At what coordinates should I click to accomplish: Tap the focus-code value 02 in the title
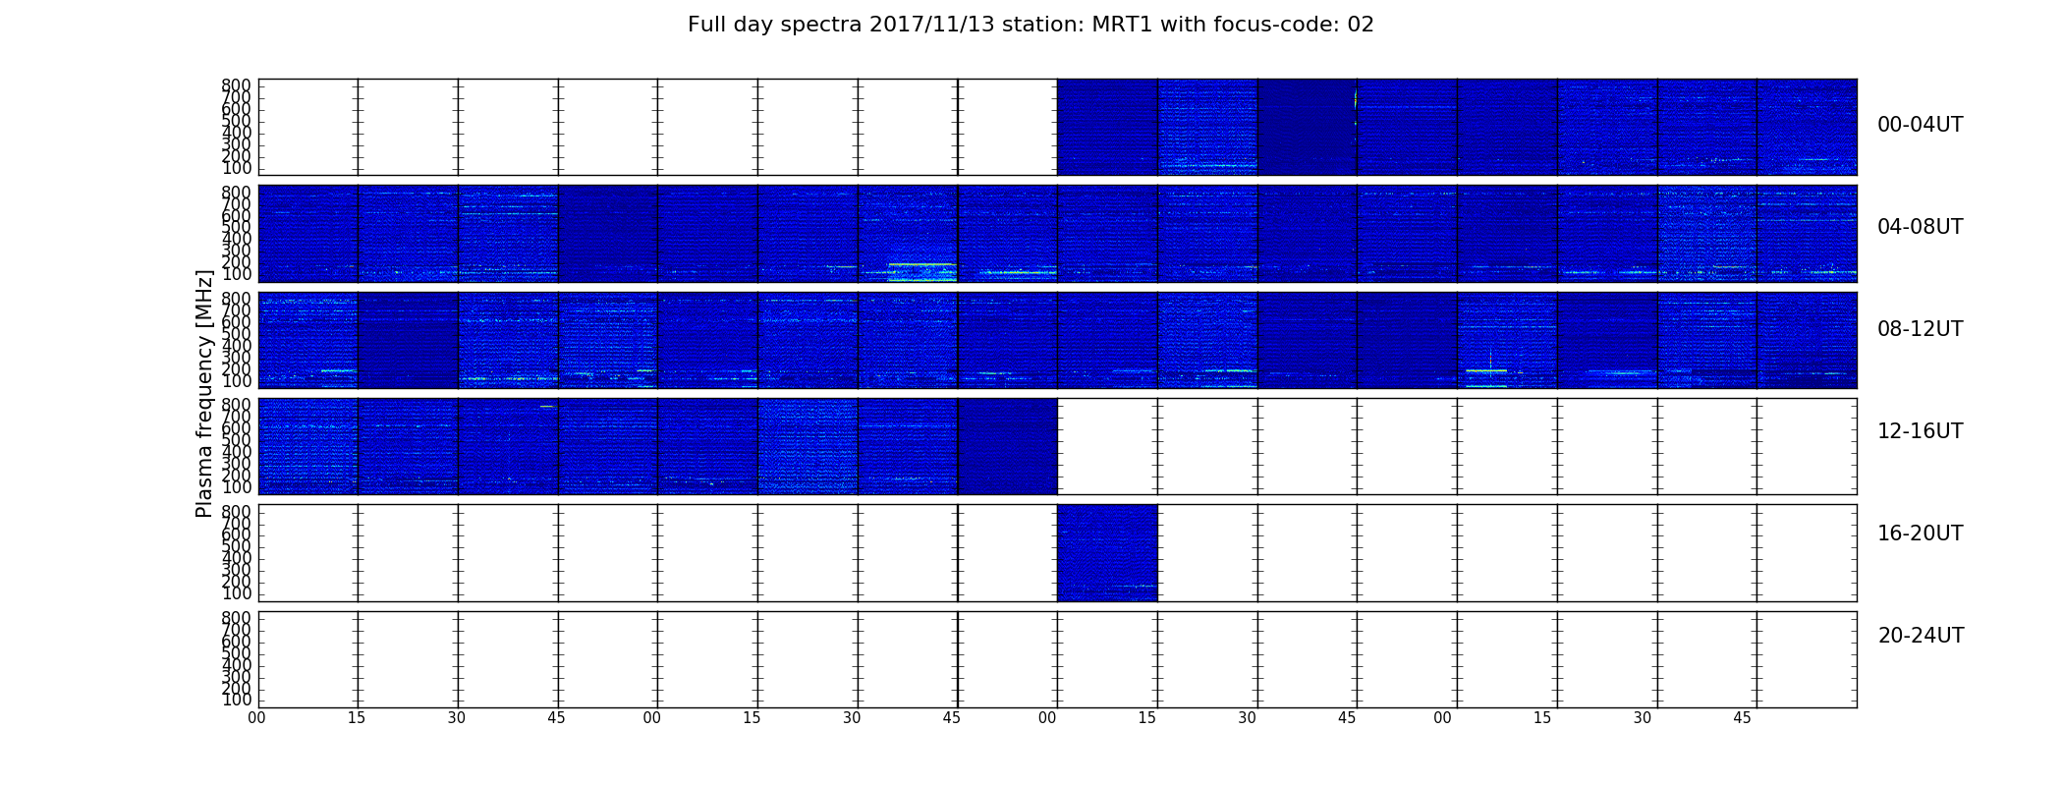[x=1361, y=25]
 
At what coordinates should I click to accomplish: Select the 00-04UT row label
[x=1921, y=125]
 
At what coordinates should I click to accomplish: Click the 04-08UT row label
[x=1921, y=227]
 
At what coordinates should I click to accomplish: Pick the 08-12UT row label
[x=1921, y=329]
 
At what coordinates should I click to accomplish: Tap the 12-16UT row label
[x=1921, y=431]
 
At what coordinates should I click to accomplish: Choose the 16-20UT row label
[x=1921, y=533]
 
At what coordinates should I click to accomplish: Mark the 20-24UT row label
[x=1921, y=636]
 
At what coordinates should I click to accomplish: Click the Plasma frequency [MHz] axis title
[x=204, y=393]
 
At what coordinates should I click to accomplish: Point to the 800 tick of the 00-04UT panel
[x=236, y=85]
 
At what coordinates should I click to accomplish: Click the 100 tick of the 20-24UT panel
[x=236, y=700]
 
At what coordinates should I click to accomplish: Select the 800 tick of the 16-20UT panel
[x=236, y=512]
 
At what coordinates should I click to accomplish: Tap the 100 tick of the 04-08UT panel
[x=236, y=274]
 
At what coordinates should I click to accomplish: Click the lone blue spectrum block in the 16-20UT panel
[x=1107, y=553]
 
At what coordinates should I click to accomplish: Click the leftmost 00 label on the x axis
[x=256, y=718]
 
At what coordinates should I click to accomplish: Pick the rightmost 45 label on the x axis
[x=1742, y=718]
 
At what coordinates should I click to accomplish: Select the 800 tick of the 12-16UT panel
[x=236, y=405]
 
